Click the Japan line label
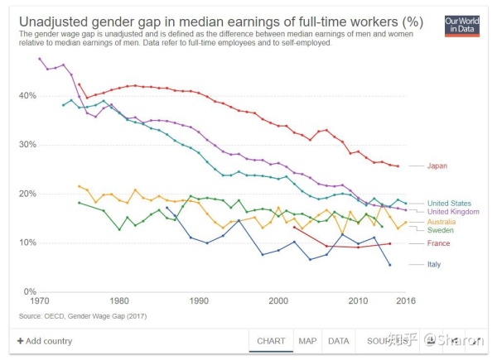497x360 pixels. coord(437,166)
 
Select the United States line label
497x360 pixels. coord(451,203)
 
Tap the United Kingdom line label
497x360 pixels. coord(454,212)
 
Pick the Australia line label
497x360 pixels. coord(443,222)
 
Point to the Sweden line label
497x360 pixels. coord(440,230)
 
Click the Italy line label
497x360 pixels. coord(434,265)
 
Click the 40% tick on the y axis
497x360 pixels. coord(27,96)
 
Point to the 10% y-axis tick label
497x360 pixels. coord(27,242)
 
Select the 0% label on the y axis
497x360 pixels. coord(30,291)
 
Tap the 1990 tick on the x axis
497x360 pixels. coord(198,301)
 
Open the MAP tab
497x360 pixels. coord(307,341)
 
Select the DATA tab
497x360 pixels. coord(338,341)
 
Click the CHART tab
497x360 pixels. coord(271,341)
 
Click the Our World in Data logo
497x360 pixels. coord(461,24)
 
